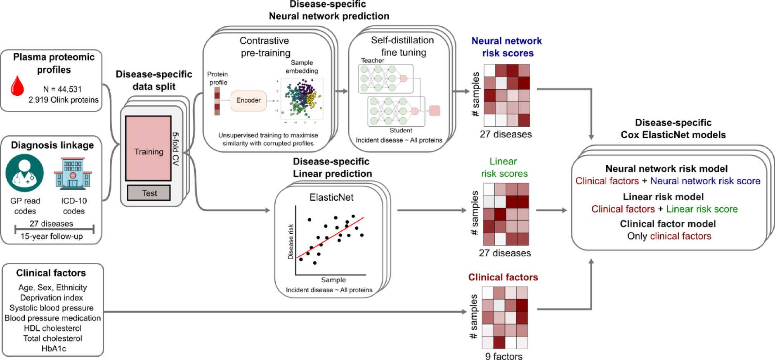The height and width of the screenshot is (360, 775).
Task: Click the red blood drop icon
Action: [x=17, y=85]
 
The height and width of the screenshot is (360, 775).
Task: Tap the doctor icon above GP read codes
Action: [x=24, y=173]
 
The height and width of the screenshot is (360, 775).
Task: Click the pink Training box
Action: [x=148, y=149]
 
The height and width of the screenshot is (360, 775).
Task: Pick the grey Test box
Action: [x=149, y=193]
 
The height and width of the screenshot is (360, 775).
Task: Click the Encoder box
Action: [x=248, y=100]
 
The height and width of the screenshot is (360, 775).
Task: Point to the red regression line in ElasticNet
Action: [x=330, y=237]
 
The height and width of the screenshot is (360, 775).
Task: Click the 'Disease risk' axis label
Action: [x=291, y=242]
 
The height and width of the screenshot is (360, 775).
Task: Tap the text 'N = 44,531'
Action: [x=62, y=89]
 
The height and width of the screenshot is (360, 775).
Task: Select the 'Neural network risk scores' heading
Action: [x=507, y=47]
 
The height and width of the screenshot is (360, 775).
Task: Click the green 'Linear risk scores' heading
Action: [x=504, y=167]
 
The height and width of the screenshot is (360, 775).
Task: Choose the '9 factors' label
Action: [x=503, y=356]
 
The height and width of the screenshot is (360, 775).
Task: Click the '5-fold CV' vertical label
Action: [x=175, y=149]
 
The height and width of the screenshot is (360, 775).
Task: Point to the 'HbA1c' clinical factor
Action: [x=54, y=348]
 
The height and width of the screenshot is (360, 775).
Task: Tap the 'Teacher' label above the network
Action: [x=372, y=61]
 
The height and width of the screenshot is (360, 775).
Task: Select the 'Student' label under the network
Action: [x=401, y=130]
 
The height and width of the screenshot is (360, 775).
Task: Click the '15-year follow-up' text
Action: [x=52, y=236]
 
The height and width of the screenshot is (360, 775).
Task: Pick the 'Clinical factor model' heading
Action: [x=668, y=224]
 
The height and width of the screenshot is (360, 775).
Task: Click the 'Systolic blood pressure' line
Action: [x=52, y=308]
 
